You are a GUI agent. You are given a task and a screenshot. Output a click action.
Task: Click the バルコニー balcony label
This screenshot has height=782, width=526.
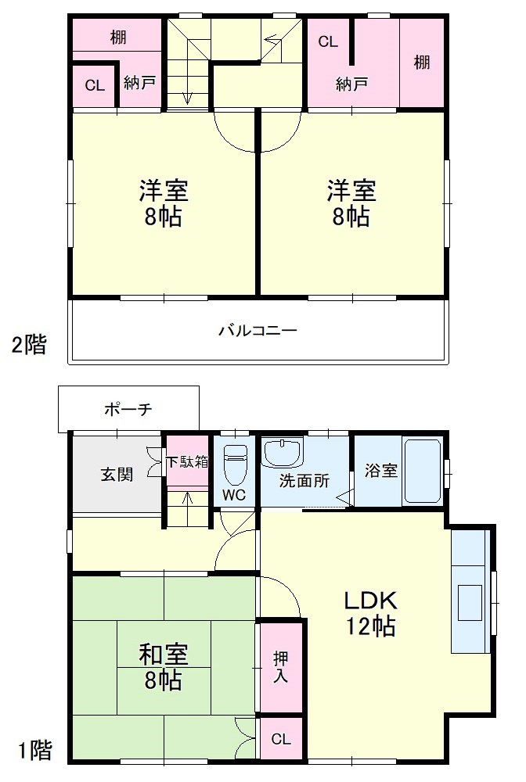coord(258,330)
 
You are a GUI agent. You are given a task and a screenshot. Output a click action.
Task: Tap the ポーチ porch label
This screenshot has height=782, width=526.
coord(128,409)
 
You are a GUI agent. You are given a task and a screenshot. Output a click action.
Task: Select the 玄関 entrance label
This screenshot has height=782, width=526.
coord(116,474)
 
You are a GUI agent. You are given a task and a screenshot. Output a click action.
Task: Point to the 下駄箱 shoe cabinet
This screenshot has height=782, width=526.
coord(188,461)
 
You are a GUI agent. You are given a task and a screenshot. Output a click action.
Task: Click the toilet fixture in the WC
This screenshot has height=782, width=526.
coord(235,463)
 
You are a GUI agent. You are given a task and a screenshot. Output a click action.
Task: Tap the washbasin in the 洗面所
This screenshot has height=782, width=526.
coord(282,453)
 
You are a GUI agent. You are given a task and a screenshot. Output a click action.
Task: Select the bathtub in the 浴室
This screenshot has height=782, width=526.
coord(422,471)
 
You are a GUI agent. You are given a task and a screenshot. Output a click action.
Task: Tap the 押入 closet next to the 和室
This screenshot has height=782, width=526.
coord(280,665)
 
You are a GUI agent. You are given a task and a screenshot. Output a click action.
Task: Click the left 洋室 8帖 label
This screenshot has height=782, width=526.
coord(164,203)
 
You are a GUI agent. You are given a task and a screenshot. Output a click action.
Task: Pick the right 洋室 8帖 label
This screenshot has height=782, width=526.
coord(351,203)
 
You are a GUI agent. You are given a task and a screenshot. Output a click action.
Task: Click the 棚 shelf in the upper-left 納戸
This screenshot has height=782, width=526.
coord(118,37)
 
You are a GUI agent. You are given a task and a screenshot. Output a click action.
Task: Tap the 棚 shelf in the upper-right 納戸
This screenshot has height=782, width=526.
coord(422,62)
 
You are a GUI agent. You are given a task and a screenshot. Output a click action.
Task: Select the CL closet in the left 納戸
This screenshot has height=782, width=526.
coord(95,86)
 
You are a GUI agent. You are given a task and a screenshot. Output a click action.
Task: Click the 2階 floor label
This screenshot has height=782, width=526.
coord(29,345)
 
